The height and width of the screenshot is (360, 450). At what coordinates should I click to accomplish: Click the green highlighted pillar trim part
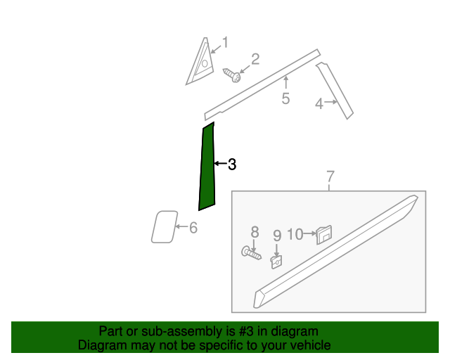(x=207, y=167)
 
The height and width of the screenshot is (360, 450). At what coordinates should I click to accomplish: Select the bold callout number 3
(x=232, y=165)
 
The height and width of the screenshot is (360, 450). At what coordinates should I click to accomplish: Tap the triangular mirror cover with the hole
(x=201, y=61)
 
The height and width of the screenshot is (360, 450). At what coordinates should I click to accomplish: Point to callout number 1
(x=226, y=42)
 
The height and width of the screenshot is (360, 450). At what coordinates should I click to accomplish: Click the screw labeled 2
(x=232, y=75)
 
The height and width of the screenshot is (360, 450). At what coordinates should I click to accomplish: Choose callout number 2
(x=255, y=60)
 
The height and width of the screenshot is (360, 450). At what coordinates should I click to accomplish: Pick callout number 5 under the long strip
(x=285, y=98)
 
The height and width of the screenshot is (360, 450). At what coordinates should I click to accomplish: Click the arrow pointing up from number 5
(x=286, y=82)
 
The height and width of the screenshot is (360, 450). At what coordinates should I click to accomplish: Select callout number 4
(x=319, y=103)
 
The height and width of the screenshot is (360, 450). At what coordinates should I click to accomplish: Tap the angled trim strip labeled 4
(x=335, y=91)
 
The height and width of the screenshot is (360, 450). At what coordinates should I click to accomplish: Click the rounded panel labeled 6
(x=165, y=227)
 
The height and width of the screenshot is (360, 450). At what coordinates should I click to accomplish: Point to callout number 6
(x=193, y=228)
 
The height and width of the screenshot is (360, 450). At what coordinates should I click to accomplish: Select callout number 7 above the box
(x=330, y=176)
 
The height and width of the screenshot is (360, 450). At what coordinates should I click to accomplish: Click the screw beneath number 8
(x=252, y=253)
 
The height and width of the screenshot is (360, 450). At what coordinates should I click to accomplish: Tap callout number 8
(x=255, y=231)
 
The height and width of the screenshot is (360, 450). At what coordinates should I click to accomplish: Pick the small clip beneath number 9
(x=276, y=262)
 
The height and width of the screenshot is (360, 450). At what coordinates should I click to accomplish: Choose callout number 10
(x=295, y=234)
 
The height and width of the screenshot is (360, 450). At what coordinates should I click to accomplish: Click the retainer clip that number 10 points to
(x=324, y=235)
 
